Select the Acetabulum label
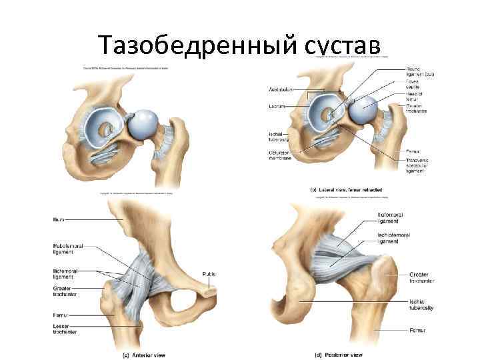281,89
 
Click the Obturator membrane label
280,155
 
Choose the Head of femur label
414,97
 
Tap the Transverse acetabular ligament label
418,165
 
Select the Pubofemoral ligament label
67,249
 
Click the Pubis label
208,274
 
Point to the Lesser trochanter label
65,329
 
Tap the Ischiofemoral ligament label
394,238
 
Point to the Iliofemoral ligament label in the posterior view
389,217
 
